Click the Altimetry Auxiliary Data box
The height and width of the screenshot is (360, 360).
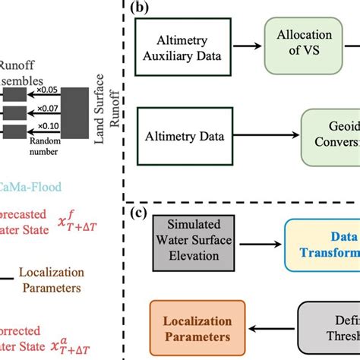coord(185,46)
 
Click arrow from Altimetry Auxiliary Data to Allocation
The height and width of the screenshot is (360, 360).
coord(248,46)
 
